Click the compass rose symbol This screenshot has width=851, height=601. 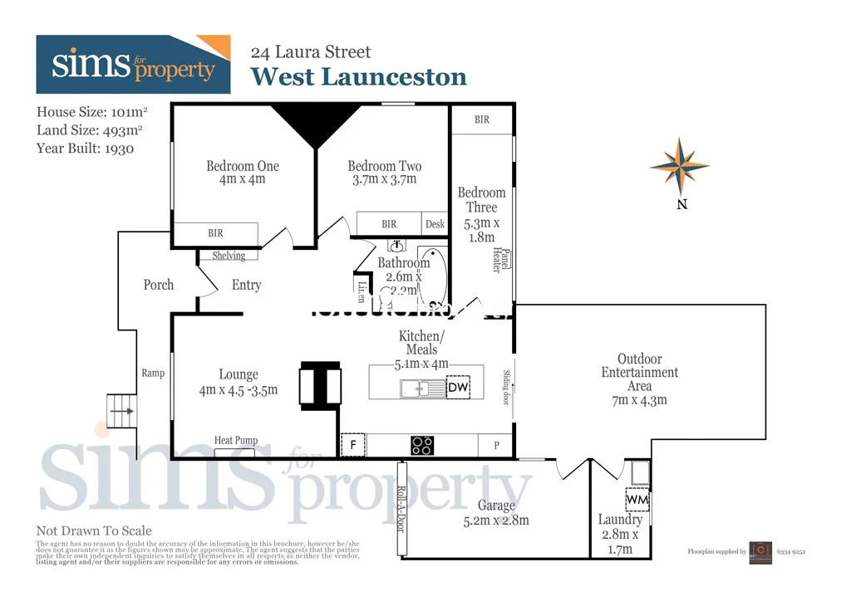[680, 166]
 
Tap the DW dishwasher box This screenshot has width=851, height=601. [458, 387]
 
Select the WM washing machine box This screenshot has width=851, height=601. [637, 501]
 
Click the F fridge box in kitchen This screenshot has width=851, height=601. [353, 446]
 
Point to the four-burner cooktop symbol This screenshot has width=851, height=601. [422, 446]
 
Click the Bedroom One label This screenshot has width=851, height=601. [243, 166]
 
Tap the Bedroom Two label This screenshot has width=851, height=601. [384, 166]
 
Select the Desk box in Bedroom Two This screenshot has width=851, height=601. [435, 224]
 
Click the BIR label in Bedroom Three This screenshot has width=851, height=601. [482, 120]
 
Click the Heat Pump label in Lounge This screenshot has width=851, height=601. [236, 441]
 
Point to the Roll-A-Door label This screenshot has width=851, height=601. [401, 507]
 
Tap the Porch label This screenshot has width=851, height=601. [159, 285]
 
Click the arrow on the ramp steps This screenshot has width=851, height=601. [122, 411]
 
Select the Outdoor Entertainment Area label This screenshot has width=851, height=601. [639, 372]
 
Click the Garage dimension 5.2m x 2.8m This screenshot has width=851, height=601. [496, 520]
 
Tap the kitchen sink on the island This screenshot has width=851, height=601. [413, 388]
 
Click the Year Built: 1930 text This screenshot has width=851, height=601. [86, 149]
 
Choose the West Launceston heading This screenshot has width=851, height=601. [358, 77]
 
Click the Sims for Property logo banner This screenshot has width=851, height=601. [133, 65]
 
